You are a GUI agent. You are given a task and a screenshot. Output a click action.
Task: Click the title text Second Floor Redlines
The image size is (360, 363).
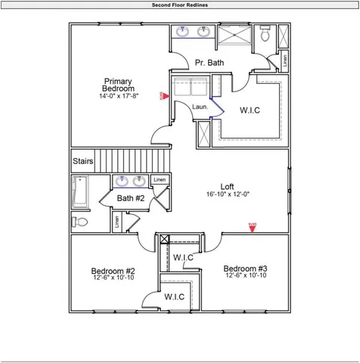(x=180, y=5)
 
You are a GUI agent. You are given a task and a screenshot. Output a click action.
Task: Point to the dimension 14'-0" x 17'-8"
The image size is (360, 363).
(x=119, y=96)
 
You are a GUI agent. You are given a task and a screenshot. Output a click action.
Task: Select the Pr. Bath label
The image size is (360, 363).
(x=209, y=63)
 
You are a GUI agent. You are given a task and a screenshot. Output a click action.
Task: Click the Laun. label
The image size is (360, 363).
(x=200, y=107)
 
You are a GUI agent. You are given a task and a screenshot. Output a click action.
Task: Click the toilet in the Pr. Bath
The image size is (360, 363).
(x=265, y=34)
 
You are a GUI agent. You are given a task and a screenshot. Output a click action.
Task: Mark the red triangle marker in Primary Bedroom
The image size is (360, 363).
(x=163, y=95)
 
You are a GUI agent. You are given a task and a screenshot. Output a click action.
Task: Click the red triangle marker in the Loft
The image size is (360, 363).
(x=253, y=225)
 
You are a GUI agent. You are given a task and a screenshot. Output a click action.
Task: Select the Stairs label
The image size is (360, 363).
(x=82, y=162)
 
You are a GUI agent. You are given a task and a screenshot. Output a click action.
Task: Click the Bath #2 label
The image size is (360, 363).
(x=130, y=198)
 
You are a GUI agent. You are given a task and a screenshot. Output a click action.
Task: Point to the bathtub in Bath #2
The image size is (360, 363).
(x=79, y=191)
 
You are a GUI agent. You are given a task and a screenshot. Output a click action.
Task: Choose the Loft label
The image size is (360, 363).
(x=227, y=186)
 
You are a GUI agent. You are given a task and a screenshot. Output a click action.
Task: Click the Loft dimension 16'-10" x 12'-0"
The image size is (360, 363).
(x=227, y=194)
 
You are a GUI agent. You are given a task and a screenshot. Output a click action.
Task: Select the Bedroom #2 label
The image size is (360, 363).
(x=113, y=271)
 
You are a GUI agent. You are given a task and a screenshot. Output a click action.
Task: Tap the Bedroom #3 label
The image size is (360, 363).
(x=245, y=268)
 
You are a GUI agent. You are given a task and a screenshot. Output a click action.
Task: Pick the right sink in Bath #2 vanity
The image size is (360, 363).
(x=140, y=181)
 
